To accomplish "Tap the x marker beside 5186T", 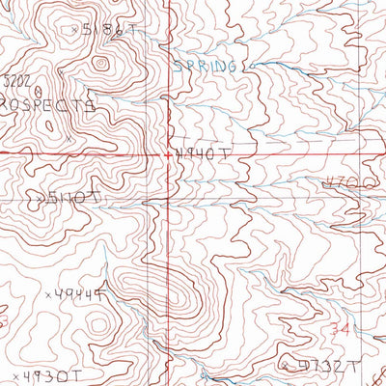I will point(74,30).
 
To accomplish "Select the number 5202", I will point(15,86).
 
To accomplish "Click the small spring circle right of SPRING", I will point(246,67).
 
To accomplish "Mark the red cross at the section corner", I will point(167,153).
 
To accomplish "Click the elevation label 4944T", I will point(80,294).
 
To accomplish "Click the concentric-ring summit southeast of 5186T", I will point(98,66).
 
